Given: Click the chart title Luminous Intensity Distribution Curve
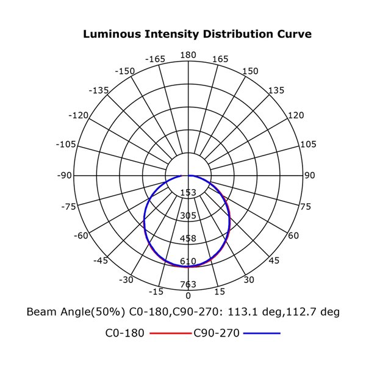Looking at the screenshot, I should (197, 34).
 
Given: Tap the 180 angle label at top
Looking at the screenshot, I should (188, 55).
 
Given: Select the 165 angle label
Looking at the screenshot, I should (220, 59).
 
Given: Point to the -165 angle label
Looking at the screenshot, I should (156, 59).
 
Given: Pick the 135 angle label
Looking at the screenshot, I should (276, 90).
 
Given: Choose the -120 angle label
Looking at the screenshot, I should (79, 115).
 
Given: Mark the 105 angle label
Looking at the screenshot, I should (308, 145).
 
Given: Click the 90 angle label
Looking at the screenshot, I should (310, 176).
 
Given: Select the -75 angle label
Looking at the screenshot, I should (69, 207).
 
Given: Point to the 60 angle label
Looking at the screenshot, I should (293, 236).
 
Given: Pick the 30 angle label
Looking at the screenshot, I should (248, 280).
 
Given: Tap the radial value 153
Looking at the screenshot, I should (188, 193).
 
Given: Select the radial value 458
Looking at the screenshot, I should (188, 239).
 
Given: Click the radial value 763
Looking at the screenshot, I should (188, 284).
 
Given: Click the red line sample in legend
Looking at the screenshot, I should (166, 334).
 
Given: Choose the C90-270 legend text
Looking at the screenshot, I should (217, 334).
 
